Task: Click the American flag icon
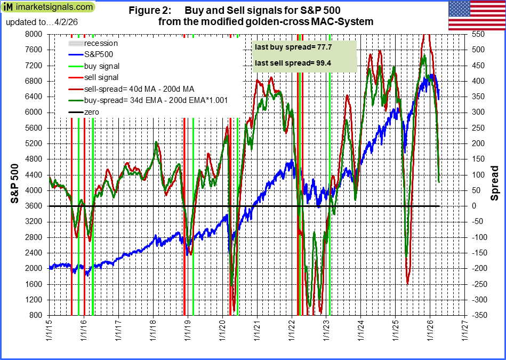pos(476,15)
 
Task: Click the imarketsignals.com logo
pos(49,7)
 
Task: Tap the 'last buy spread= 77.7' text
pos(286,47)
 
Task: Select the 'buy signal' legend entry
pos(102,66)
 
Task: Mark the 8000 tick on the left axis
pos(35,34)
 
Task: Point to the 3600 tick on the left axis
pos(35,206)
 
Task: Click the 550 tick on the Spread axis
pos(478,34)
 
